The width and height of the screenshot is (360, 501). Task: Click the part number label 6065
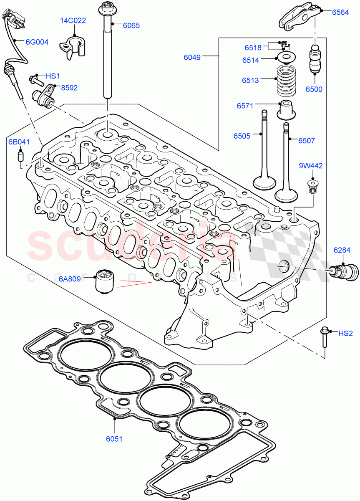point(131,25)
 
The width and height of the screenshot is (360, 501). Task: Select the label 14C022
point(74,20)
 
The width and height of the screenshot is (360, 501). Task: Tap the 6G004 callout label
point(37,42)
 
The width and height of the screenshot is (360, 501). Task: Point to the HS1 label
point(53,76)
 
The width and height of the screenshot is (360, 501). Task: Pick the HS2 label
point(345,333)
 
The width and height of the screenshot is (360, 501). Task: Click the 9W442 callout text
point(310,166)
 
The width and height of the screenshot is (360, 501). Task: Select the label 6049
point(192,57)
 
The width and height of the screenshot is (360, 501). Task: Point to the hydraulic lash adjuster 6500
point(313,61)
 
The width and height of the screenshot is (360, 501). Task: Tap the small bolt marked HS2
point(324,337)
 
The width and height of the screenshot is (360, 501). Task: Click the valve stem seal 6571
point(287,110)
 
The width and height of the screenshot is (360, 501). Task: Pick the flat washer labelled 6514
point(286,57)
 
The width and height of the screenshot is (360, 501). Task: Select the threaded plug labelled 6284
point(345,271)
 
